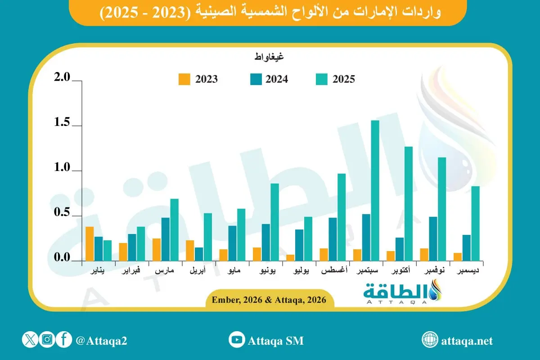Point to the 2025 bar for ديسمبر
(475, 223)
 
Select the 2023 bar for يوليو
(291, 257)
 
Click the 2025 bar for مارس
(174, 229)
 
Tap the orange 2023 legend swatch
(184, 79)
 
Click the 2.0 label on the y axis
(62, 78)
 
